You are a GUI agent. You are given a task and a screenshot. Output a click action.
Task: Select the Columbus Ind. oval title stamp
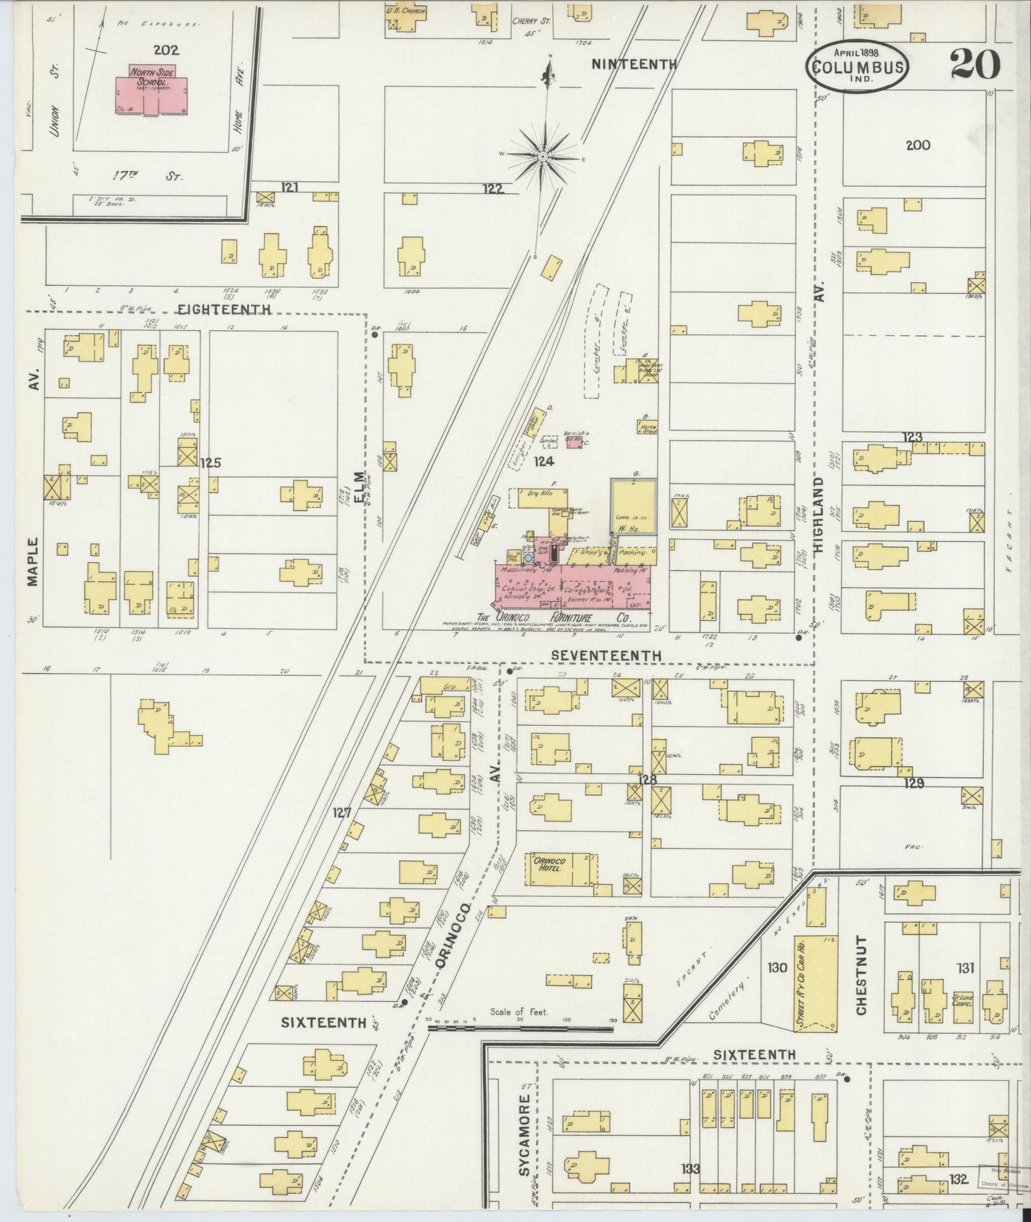point(858,68)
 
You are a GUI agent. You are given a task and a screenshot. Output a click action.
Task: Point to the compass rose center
point(542,155)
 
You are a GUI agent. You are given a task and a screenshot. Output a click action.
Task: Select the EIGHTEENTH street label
point(224,309)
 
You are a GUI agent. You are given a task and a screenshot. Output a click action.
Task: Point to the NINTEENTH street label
point(634,64)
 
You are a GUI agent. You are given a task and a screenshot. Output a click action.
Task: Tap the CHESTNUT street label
point(861,975)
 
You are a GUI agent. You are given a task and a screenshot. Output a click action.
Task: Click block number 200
point(918,145)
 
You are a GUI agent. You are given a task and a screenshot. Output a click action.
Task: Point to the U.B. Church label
point(406,11)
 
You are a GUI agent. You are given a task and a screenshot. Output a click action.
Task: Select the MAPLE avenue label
point(32,561)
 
